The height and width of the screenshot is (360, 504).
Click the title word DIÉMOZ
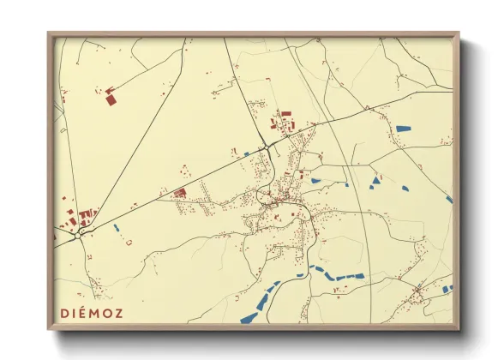pos(93,313)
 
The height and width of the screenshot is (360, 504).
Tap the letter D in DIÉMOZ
pos(65,313)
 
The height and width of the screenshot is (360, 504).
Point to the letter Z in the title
pos(118,313)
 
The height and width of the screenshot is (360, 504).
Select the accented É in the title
pos(86,313)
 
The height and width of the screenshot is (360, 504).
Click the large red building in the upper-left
pos(111,99)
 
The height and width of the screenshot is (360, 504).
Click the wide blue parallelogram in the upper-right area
pos(403,129)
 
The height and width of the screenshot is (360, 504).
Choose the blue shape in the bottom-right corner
pos(446,290)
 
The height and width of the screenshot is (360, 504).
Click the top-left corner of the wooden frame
pos(49,33)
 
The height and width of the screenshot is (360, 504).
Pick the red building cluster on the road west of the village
pos(180,193)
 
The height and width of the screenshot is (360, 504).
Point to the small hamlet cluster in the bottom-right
pos(417,296)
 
